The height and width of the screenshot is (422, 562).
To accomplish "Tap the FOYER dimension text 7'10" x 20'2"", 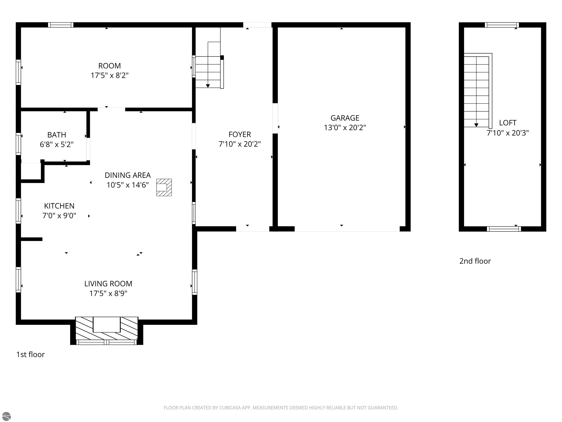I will [x=240, y=144].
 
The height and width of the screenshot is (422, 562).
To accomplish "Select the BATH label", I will [x=57, y=135].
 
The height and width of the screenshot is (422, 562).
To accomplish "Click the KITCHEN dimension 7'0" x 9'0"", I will [x=59, y=216].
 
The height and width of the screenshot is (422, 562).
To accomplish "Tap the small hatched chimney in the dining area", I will [x=164, y=188].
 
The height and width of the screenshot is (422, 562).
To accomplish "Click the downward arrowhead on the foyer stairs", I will [x=208, y=86].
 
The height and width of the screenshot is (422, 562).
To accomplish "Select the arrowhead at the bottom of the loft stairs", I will [x=476, y=125].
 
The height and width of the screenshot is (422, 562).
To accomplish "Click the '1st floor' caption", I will [x=31, y=354].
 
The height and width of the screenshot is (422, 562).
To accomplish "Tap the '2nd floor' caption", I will [x=475, y=261].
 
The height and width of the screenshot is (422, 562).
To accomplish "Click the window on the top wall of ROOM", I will [x=61, y=25].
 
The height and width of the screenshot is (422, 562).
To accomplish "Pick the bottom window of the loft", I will [x=504, y=229].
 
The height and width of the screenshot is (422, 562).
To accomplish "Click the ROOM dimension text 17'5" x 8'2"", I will [x=110, y=75].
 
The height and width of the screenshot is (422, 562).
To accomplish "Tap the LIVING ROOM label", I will [x=108, y=284].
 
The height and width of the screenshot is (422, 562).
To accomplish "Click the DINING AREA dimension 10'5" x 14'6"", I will [x=128, y=185].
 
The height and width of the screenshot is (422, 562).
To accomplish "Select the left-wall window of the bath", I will [x=18, y=144].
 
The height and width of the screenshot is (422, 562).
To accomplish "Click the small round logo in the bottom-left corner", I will [x=6, y=416].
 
